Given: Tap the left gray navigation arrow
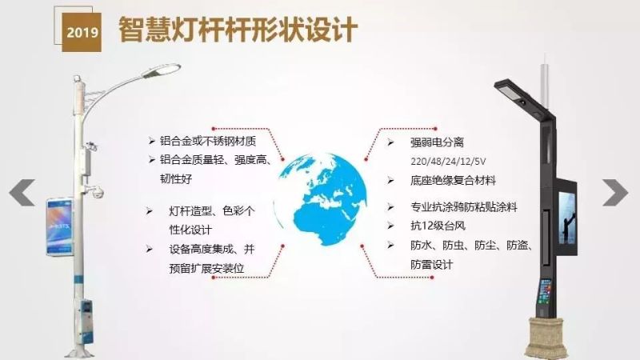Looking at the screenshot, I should tap(22, 193).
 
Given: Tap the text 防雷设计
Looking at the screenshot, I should tap(432, 265).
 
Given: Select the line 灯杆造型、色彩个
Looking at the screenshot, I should tap(212, 211).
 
